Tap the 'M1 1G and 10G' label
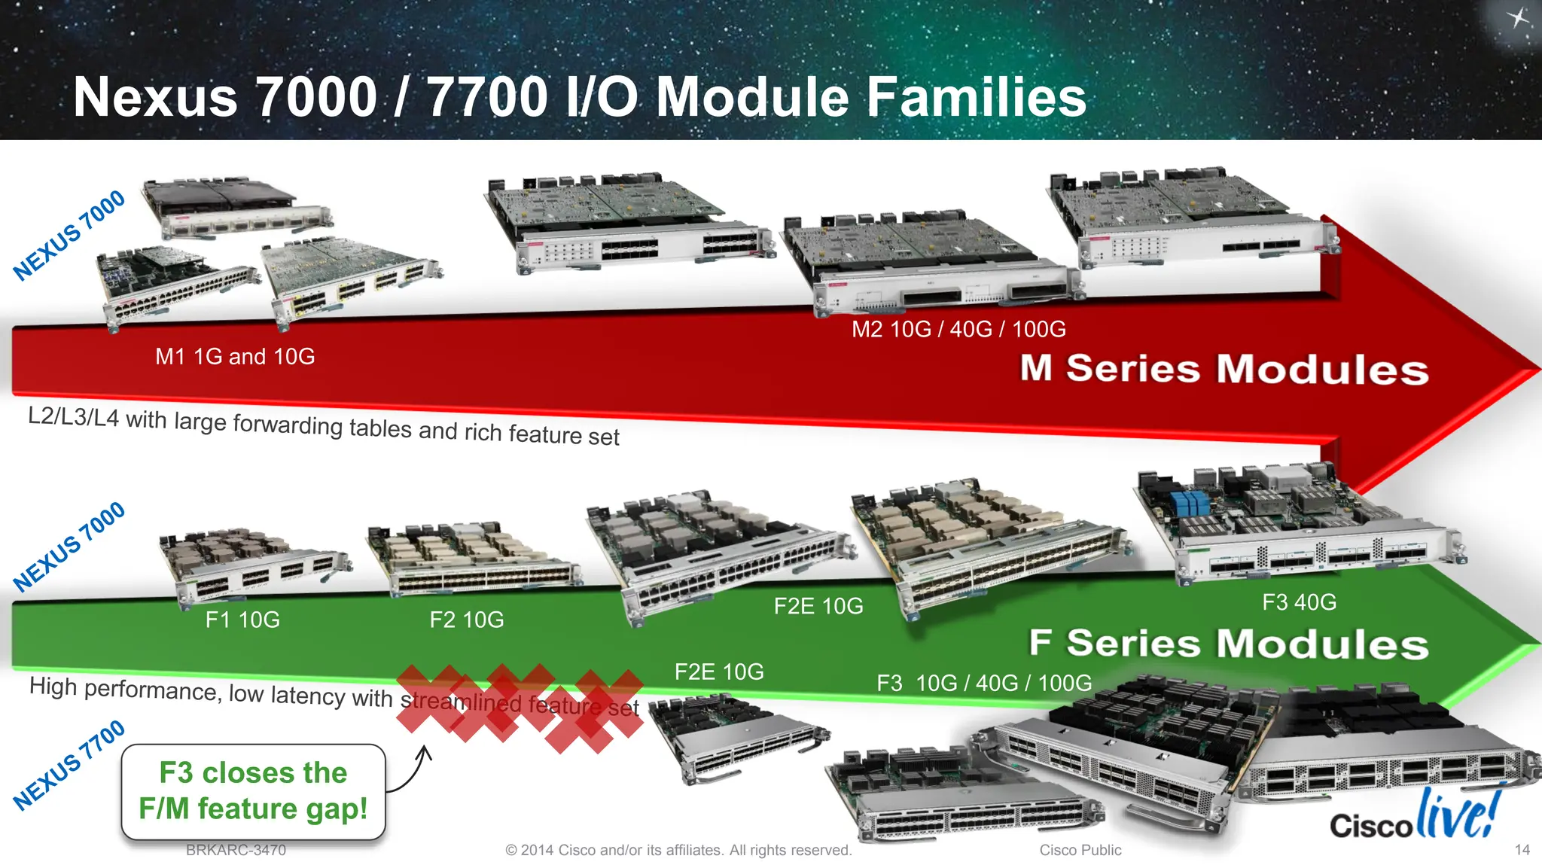(x=235, y=356)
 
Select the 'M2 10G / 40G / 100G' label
(x=958, y=329)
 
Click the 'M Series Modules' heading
(x=1224, y=369)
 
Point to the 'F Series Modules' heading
(x=1228, y=644)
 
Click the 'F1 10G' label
(x=242, y=620)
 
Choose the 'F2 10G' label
(x=467, y=620)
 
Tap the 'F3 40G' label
(x=1299, y=602)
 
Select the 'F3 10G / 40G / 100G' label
(x=983, y=683)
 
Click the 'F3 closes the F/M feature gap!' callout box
(x=253, y=791)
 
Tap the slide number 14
(x=1522, y=850)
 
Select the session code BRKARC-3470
(x=236, y=850)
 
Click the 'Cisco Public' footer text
(x=1080, y=850)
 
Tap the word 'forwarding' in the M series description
(x=288, y=425)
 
